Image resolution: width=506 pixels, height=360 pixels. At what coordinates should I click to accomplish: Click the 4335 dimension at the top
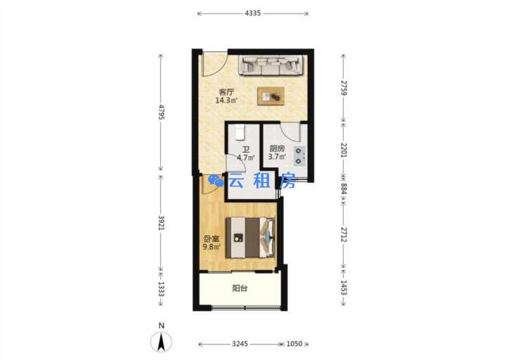point(253,13)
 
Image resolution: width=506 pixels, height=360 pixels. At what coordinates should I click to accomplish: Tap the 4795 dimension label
point(162,112)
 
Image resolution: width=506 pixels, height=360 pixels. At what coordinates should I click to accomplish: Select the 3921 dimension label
point(162,223)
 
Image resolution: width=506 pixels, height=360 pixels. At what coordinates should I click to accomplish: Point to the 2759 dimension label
point(344,87)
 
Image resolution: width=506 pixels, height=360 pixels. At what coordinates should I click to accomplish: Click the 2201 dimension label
point(344,150)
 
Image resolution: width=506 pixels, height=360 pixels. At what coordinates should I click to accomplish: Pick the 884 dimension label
point(344,189)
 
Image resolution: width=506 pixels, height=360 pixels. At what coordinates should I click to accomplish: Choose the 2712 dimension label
point(344,235)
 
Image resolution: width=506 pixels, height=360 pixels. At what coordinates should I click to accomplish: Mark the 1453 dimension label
point(344,288)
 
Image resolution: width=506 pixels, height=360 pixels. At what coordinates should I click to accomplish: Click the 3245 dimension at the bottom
point(240,344)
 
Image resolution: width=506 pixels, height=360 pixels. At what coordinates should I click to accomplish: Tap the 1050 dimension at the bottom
point(294,344)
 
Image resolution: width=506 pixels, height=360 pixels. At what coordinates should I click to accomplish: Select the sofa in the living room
point(271,65)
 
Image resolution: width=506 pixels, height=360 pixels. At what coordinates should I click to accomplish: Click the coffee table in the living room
point(271,96)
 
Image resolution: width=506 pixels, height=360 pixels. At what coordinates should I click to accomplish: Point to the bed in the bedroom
point(250,238)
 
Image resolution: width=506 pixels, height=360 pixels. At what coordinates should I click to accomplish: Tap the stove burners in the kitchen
point(299,155)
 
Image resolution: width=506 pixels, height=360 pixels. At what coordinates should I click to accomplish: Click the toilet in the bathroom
point(240,133)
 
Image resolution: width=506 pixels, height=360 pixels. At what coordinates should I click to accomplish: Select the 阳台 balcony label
point(240,288)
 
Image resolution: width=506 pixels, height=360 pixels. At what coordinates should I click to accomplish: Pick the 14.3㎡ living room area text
point(226,101)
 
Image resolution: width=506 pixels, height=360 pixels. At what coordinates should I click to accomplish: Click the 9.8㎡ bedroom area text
point(212,247)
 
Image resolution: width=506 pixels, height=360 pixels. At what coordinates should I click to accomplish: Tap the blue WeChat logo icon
point(216,181)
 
